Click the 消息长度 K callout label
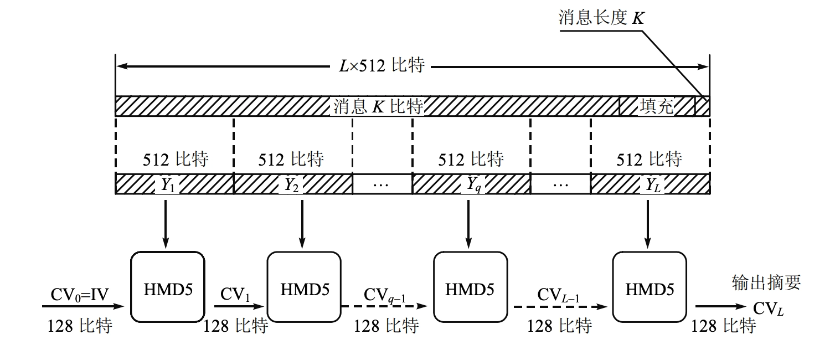coord(601,18)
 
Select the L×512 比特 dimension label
coord(382,66)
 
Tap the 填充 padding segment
coord(657,106)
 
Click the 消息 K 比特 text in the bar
coord(378,106)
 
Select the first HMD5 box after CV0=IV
coord(167,287)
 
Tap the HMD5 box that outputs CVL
coord(650,287)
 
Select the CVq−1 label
coord(385,294)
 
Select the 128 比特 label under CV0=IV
coord(80,326)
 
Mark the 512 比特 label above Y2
coord(291,160)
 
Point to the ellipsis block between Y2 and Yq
coord(382,184)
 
